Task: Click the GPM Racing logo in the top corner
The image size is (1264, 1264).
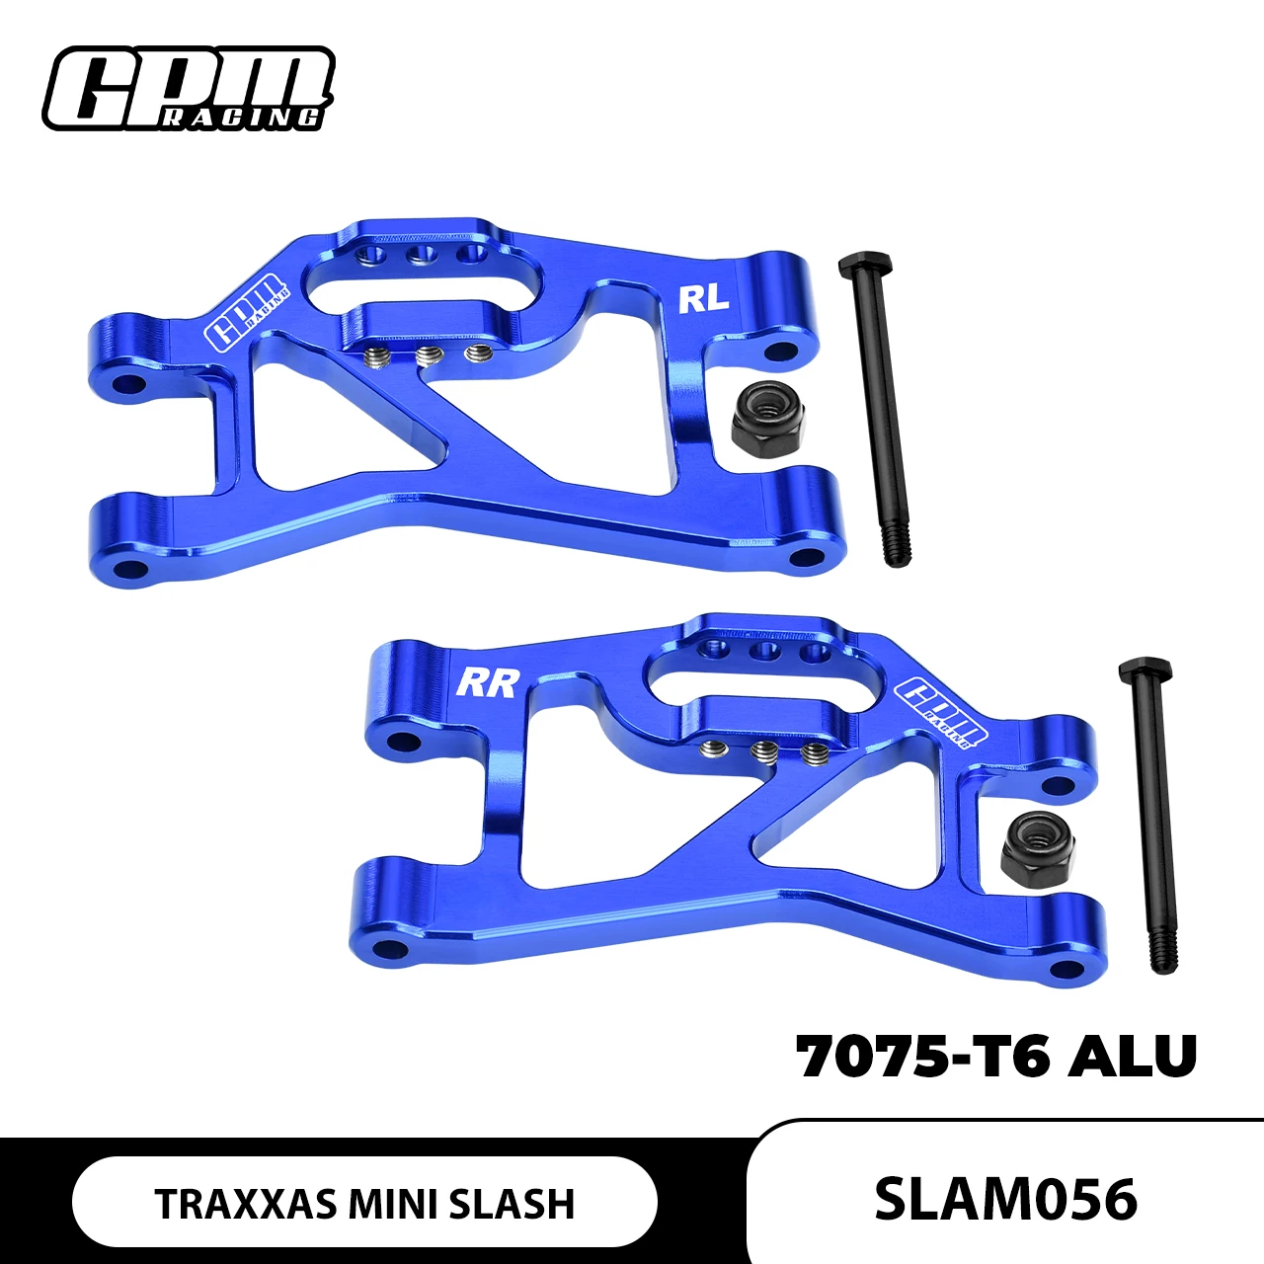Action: (188, 89)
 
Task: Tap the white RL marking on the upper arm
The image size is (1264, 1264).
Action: (704, 298)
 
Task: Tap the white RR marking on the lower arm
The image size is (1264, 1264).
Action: (487, 682)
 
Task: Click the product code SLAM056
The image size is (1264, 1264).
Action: (1005, 1199)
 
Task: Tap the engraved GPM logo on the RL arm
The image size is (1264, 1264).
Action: (247, 311)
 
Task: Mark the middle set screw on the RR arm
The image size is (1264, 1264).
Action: (762, 752)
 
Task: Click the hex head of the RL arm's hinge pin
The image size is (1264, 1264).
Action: (865, 265)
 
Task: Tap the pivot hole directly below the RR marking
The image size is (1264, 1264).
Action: (401, 741)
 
